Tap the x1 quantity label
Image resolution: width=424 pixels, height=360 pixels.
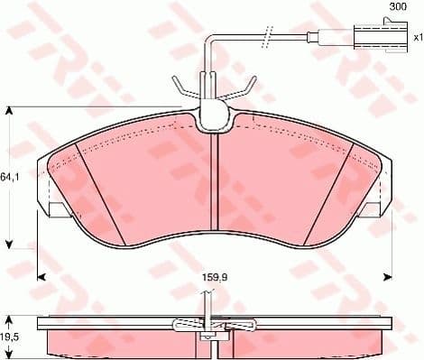pos(417,38)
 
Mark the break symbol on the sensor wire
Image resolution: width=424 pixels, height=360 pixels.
pos(267,37)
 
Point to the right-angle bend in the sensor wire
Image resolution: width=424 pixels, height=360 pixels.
pos(208,39)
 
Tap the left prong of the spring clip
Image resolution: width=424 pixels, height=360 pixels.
pos(178,88)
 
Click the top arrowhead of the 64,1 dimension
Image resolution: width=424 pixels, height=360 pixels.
pos(10,111)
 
